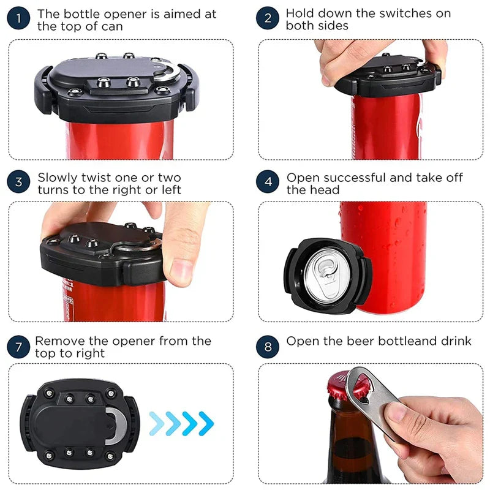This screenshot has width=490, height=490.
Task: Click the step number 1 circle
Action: tap(18, 18)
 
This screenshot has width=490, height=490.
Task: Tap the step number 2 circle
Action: tap(268, 18)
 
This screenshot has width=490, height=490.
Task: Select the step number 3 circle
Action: tap(18, 181)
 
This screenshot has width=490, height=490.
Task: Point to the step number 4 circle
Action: tap(268, 181)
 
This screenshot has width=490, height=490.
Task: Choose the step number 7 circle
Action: tap(18, 347)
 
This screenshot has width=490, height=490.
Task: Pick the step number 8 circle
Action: tap(268, 347)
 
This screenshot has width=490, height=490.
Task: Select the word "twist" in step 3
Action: tap(96, 178)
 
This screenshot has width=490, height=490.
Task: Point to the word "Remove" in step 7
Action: tap(60, 341)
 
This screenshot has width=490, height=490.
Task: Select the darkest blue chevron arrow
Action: tap(206, 423)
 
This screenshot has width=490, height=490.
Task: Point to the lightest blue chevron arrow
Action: tap(157, 423)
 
